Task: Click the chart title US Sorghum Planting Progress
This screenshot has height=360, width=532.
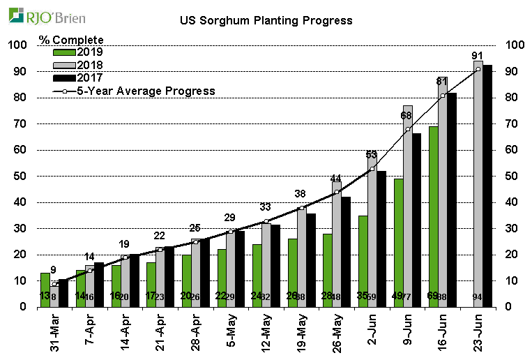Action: (x=266, y=20)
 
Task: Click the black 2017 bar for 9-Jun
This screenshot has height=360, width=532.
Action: (x=417, y=220)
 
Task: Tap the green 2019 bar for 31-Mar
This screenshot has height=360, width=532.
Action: (x=45, y=290)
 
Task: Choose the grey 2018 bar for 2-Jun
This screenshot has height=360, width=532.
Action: (x=372, y=230)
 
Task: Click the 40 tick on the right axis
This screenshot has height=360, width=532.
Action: (x=515, y=202)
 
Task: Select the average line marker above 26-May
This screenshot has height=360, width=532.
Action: (x=337, y=192)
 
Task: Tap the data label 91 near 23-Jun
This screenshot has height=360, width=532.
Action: (x=478, y=57)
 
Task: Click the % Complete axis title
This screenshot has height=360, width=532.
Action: (x=71, y=40)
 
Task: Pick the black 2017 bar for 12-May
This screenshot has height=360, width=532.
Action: (x=275, y=265)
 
